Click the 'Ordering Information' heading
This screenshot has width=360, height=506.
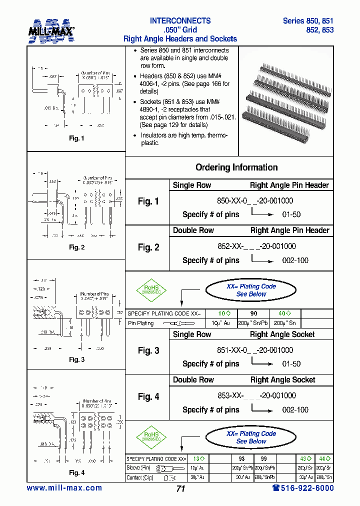(x=236, y=167)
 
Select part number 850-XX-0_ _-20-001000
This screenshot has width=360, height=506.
(x=255, y=200)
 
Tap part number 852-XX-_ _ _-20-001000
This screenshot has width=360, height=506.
(x=256, y=246)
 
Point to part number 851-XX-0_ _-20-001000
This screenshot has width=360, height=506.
(x=255, y=350)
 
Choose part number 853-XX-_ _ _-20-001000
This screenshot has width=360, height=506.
(x=256, y=395)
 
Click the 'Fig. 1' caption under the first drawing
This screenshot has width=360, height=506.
(x=76, y=138)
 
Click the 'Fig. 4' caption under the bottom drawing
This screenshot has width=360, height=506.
(x=76, y=472)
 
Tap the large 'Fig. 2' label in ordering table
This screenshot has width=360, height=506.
(x=148, y=247)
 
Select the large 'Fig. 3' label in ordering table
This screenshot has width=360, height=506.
(x=148, y=350)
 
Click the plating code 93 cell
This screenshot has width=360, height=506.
(x=242, y=458)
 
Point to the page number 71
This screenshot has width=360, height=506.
(x=180, y=489)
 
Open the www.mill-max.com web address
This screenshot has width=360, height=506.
(x=64, y=488)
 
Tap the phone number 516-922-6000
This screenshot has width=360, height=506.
(x=303, y=488)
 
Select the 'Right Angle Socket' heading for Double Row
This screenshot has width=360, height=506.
(x=282, y=380)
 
